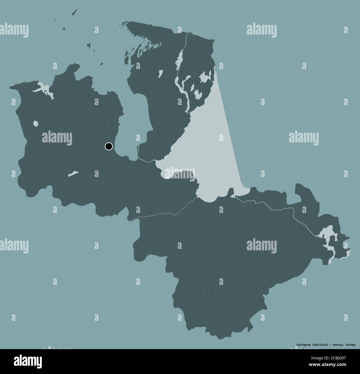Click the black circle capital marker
(109, 146)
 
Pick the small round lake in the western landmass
(35, 123)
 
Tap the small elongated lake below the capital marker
(73, 174)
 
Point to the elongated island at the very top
(74, 13)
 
